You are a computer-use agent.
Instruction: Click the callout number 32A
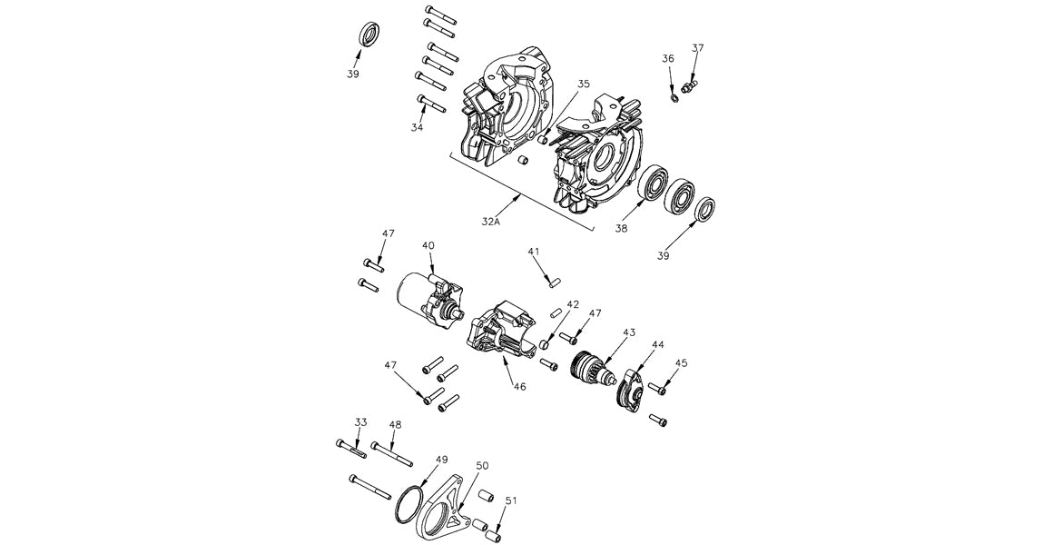491,221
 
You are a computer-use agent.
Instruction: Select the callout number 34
417,128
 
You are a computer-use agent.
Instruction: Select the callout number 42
573,304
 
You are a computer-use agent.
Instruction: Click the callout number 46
519,386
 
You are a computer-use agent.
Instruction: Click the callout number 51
511,500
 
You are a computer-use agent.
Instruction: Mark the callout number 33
361,422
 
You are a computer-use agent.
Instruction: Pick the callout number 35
583,84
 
